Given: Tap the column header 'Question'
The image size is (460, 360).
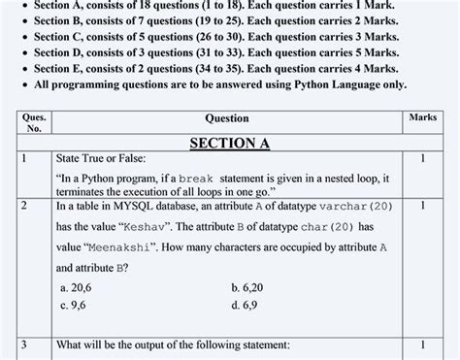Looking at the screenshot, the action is coord(227,118).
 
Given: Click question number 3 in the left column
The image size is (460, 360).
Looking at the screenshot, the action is coord(24,344).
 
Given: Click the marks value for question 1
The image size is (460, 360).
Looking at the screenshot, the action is coord(423,157).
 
